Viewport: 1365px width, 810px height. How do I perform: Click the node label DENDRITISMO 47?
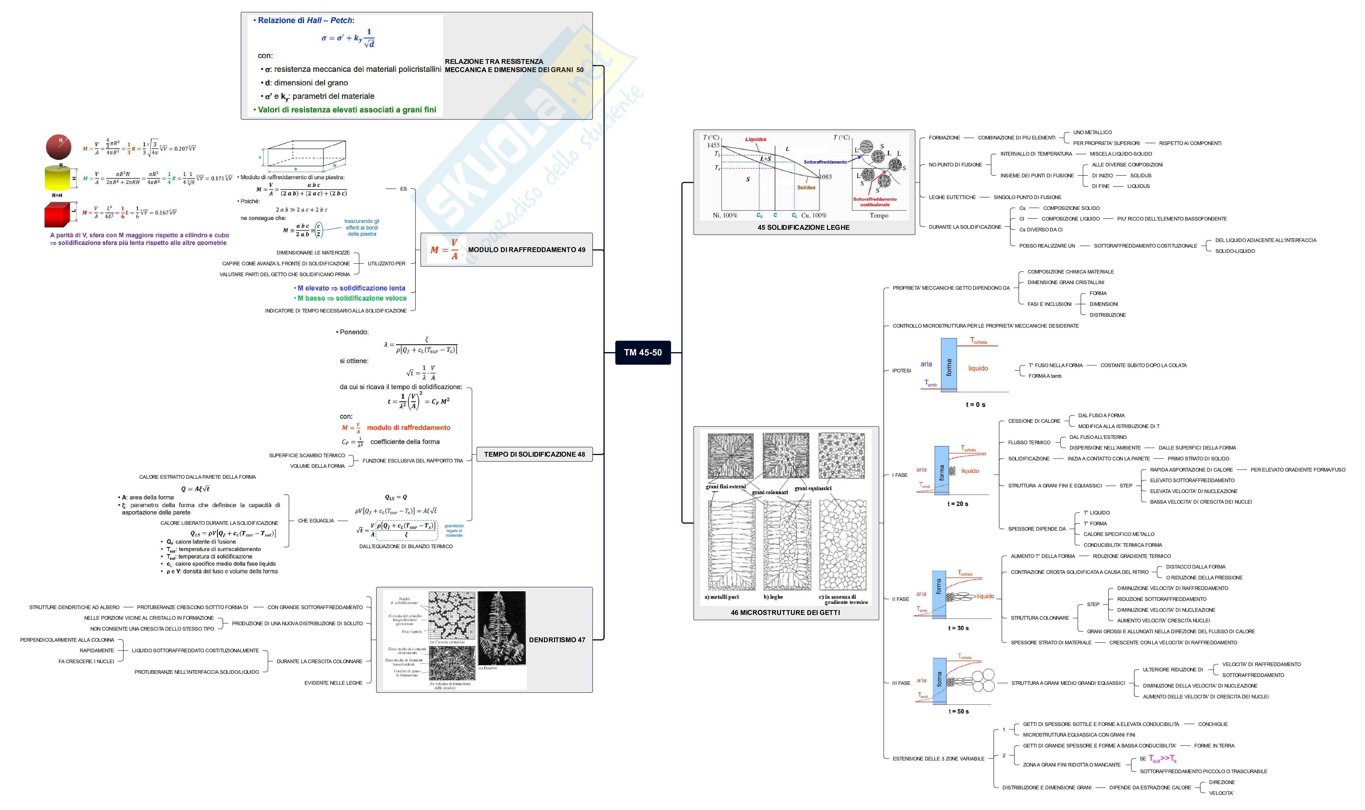point(557,640)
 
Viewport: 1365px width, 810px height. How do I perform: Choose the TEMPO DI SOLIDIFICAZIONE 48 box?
point(534,454)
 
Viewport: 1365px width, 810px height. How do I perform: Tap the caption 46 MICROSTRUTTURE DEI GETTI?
point(785,613)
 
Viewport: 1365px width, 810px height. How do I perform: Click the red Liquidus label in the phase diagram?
point(755,139)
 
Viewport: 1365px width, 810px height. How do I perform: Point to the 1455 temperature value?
point(713,145)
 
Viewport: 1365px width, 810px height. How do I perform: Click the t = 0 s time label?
point(975,404)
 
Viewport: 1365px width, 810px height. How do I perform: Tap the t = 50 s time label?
point(959,711)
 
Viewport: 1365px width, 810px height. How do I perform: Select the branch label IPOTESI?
point(901,371)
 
